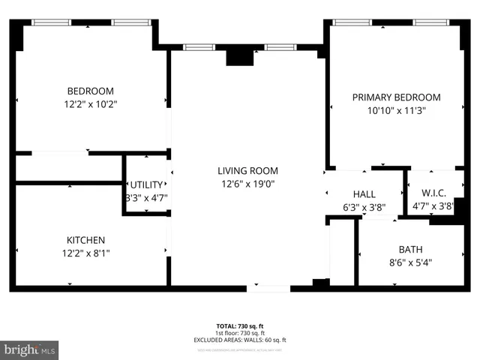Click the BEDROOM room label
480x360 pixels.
[x=90, y=91]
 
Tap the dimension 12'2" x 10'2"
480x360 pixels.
[x=90, y=105]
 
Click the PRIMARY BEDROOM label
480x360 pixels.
[x=397, y=97]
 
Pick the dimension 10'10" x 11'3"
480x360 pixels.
[x=397, y=111]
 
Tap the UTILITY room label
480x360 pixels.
[x=145, y=185]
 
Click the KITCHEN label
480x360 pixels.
[x=86, y=240]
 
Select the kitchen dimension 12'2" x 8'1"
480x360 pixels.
[x=86, y=253]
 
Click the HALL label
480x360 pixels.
[x=364, y=194]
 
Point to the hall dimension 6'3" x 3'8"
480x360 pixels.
[x=364, y=207]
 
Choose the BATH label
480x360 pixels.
[x=409, y=249]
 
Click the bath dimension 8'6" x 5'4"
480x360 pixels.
[x=409, y=262]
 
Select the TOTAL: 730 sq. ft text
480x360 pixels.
[x=240, y=326]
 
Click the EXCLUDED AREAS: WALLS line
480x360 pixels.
[x=240, y=340]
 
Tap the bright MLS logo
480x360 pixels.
[x=30, y=349]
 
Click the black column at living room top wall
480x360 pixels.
[x=241, y=56]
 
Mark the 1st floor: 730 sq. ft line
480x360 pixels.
[x=240, y=333]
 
